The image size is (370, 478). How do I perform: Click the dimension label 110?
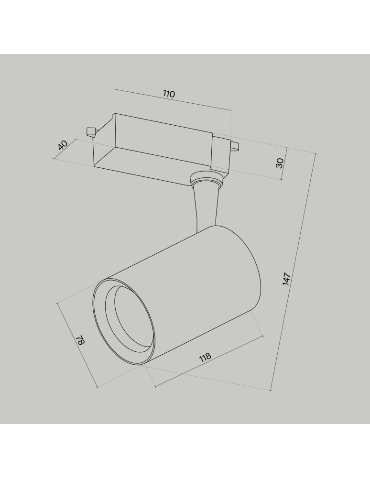point(169,94)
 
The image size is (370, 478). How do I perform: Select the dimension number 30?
point(280,163)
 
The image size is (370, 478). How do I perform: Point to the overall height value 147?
point(287,279)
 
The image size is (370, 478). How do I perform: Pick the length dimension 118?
point(205,358)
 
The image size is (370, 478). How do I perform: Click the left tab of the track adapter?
point(90,131)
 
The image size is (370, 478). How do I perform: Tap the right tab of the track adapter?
point(234,146)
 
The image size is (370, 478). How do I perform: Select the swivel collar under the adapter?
point(207,181)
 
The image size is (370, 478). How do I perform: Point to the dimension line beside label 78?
point(76,345)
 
